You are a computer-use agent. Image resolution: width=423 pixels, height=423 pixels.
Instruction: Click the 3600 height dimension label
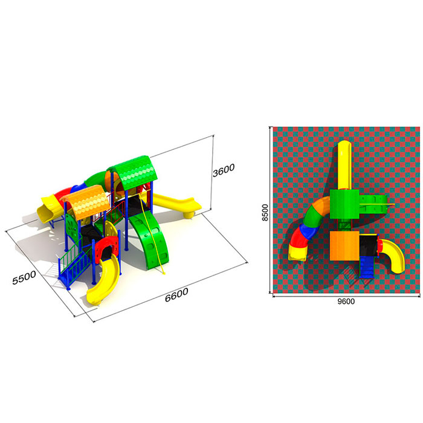(x=224, y=170)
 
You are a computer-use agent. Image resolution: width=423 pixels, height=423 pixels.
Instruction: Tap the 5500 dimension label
(x=24, y=277)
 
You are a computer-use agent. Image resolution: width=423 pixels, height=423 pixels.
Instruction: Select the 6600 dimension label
(x=176, y=295)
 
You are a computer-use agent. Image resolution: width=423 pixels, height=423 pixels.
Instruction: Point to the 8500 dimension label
(x=265, y=213)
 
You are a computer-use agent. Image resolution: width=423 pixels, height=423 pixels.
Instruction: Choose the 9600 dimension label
(x=346, y=302)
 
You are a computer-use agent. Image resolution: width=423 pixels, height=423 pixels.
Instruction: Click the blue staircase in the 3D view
(x=74, y=267)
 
